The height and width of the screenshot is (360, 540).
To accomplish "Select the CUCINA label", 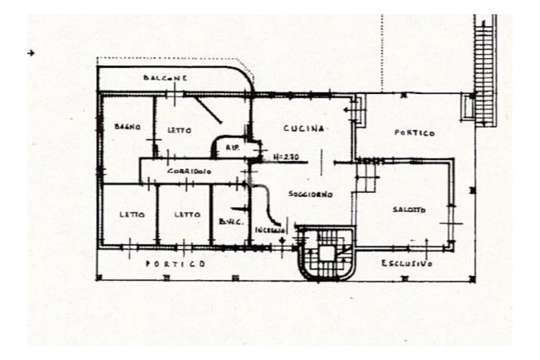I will tap(303, 129).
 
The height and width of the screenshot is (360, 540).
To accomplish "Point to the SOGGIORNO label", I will tap(311, 194).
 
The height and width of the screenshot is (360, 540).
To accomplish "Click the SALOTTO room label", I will tap(409, 210).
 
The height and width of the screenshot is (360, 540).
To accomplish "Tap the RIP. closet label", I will tap(233, 149).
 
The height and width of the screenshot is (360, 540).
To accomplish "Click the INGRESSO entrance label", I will tap(270, 230).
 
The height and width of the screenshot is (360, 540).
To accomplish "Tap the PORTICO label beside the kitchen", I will tap(415, 133).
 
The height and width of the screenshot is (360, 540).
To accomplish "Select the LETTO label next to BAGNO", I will tap(179, 130).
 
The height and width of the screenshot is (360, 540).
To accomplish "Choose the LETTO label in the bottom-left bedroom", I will tap(132, 215).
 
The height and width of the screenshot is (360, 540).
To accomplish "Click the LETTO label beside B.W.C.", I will tap(188, 215).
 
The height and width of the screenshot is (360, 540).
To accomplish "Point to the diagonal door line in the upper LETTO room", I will tap(207, 110).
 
